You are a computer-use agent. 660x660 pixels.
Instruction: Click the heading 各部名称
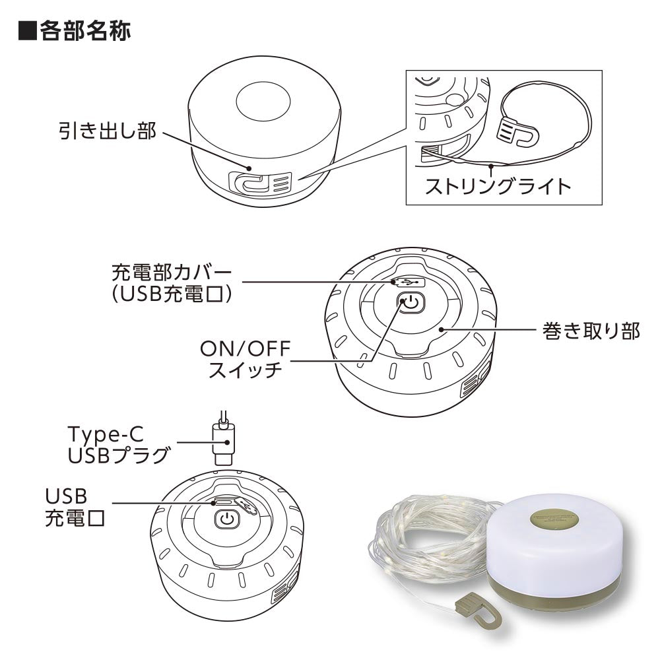[x=85, y=31]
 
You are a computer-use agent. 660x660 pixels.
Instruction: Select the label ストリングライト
[x=498, y=187]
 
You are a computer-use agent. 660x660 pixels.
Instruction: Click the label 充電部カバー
[x=172, y=273]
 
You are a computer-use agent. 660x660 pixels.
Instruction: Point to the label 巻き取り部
[x=591, y=331]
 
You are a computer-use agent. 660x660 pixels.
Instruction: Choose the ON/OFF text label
[x=246, y=348]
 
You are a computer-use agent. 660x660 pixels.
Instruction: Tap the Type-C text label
[x=106, y=434]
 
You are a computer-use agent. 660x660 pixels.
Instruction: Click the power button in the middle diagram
[x=411, y=303]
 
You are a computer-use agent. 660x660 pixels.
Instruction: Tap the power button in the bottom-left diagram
[x=227, y=519]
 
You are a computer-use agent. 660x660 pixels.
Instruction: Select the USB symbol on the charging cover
[x=408, y=281]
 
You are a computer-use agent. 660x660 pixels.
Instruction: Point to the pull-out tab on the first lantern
[x=260, y=183]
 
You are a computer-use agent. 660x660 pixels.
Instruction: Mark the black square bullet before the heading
[x=27, y=31]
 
